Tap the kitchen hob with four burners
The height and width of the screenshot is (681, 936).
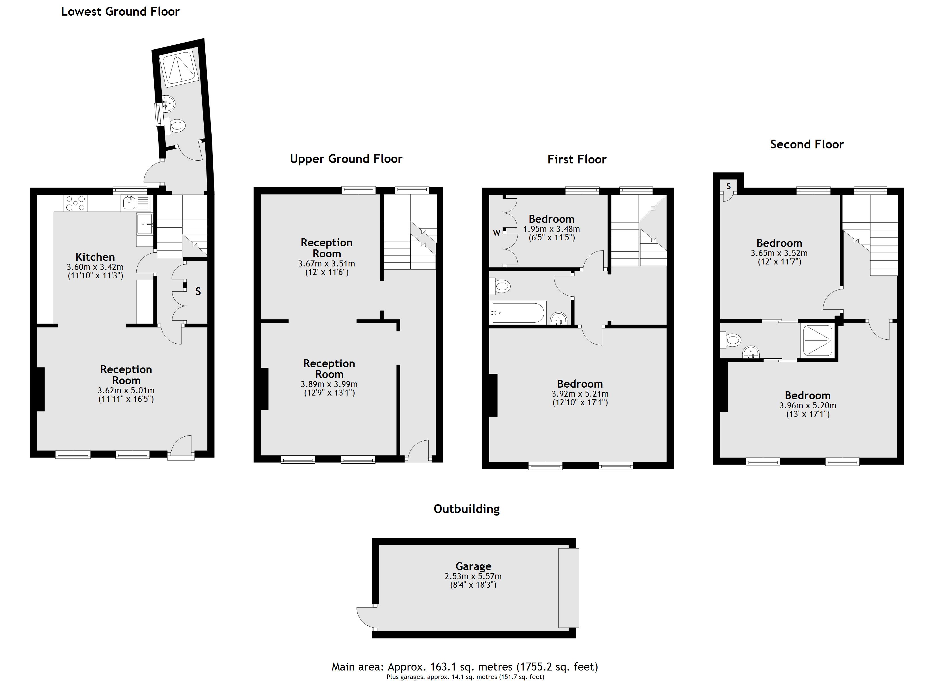75,203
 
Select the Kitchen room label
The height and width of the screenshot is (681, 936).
95,257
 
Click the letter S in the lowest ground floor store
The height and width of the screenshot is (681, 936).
198,292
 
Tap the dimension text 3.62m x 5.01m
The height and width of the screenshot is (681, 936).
126,390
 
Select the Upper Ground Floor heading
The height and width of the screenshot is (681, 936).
346,159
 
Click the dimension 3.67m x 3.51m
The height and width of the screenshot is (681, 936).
326,264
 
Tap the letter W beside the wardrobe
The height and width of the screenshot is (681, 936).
496,233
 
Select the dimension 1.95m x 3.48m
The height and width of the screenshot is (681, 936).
551,229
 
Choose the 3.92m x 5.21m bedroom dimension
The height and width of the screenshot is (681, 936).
580,394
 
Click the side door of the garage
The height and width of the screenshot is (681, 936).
365,618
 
